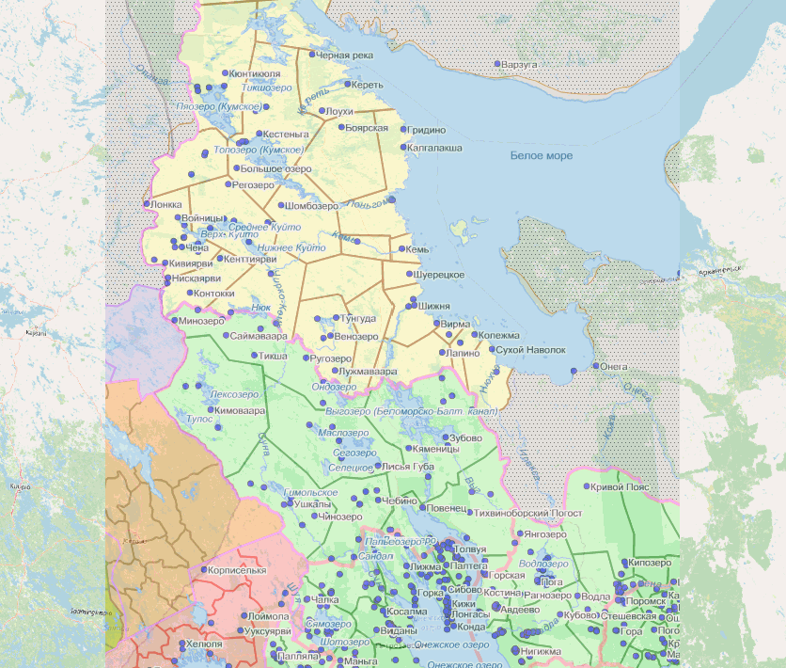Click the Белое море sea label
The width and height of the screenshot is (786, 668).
(541, 155)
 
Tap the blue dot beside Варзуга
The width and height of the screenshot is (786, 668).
(498, 64)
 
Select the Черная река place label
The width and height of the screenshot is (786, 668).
(344, 56)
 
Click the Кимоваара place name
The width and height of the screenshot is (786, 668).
(241, 411)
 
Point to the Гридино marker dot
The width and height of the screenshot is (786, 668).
(403, 130)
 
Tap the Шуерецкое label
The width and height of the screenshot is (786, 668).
(439, 274)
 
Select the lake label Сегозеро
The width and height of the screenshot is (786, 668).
(354, 453)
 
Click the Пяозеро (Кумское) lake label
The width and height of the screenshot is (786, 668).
(218, 107)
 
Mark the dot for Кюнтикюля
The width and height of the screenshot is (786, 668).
(226, 73)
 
